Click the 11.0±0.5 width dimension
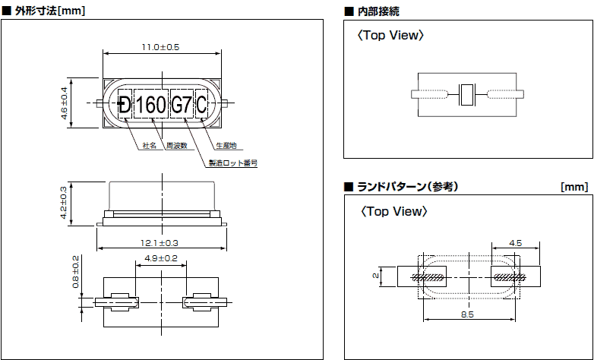160,47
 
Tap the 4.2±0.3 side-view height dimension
64,203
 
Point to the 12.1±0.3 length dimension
160,243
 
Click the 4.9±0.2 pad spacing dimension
160,259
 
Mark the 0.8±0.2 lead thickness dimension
75,273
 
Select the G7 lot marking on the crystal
181,106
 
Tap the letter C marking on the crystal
201,106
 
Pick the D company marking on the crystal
125,106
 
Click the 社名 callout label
149,145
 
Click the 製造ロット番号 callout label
232,163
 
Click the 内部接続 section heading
378,11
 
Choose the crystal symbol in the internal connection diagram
467,95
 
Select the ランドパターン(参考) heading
406,186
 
